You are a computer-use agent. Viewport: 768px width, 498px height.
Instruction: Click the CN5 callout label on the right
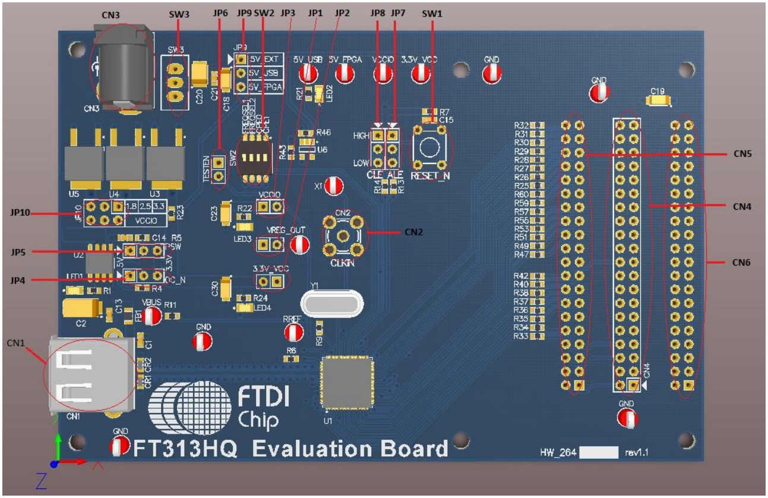pyautogui.click(x=742, y=153)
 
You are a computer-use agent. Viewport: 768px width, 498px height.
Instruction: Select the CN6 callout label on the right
pyautogui.click(x=742, y=261)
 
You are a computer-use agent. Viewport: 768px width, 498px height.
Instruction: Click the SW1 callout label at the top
pyautogui.click(x=432, y=13)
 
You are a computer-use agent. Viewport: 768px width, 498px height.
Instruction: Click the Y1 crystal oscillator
pyautogui.click(x=331, y=304)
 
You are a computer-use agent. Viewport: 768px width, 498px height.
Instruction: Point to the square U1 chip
pyautogui.click(x=347, y=382)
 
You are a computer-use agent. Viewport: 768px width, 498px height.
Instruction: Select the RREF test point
pyautogui.click(x=293, y=332)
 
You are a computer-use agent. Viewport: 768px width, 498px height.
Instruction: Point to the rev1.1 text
pyautogui.click(x=637, y=453)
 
